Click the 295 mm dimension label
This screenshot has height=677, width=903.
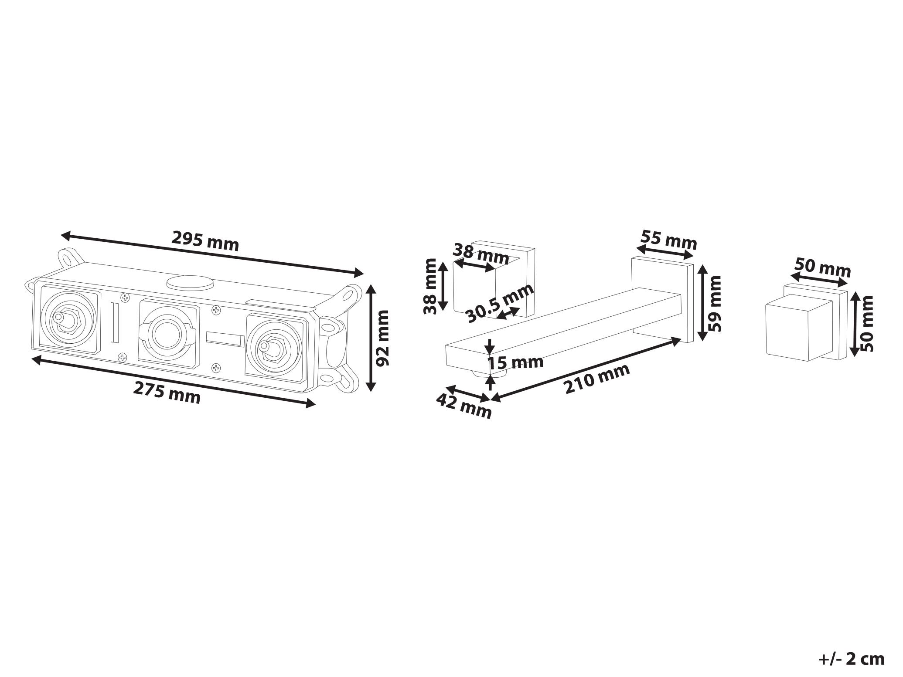pos(205,241)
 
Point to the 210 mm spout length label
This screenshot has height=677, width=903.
pos(597,379)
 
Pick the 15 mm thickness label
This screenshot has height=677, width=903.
pos(515,362)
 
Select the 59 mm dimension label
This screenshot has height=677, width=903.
pos(715,303)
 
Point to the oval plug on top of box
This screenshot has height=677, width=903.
pos(190,282)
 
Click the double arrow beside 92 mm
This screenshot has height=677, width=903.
pos(371,338)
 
